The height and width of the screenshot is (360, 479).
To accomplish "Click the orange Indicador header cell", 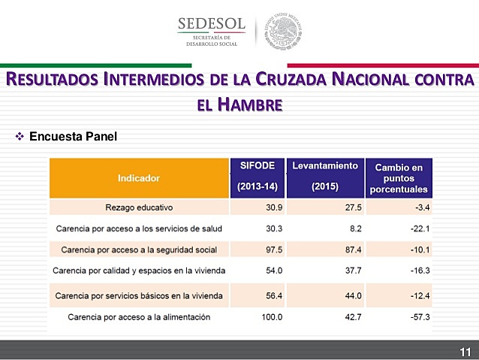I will (138, 178).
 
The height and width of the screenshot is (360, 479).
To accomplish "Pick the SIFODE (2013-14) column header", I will (258, 176).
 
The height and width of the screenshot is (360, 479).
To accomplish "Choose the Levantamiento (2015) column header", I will (325, 176).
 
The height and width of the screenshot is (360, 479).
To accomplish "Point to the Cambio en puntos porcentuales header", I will (399, 178).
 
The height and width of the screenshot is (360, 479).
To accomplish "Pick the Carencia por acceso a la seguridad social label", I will (139, 249).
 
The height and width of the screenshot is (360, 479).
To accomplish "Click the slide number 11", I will (465, 352).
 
